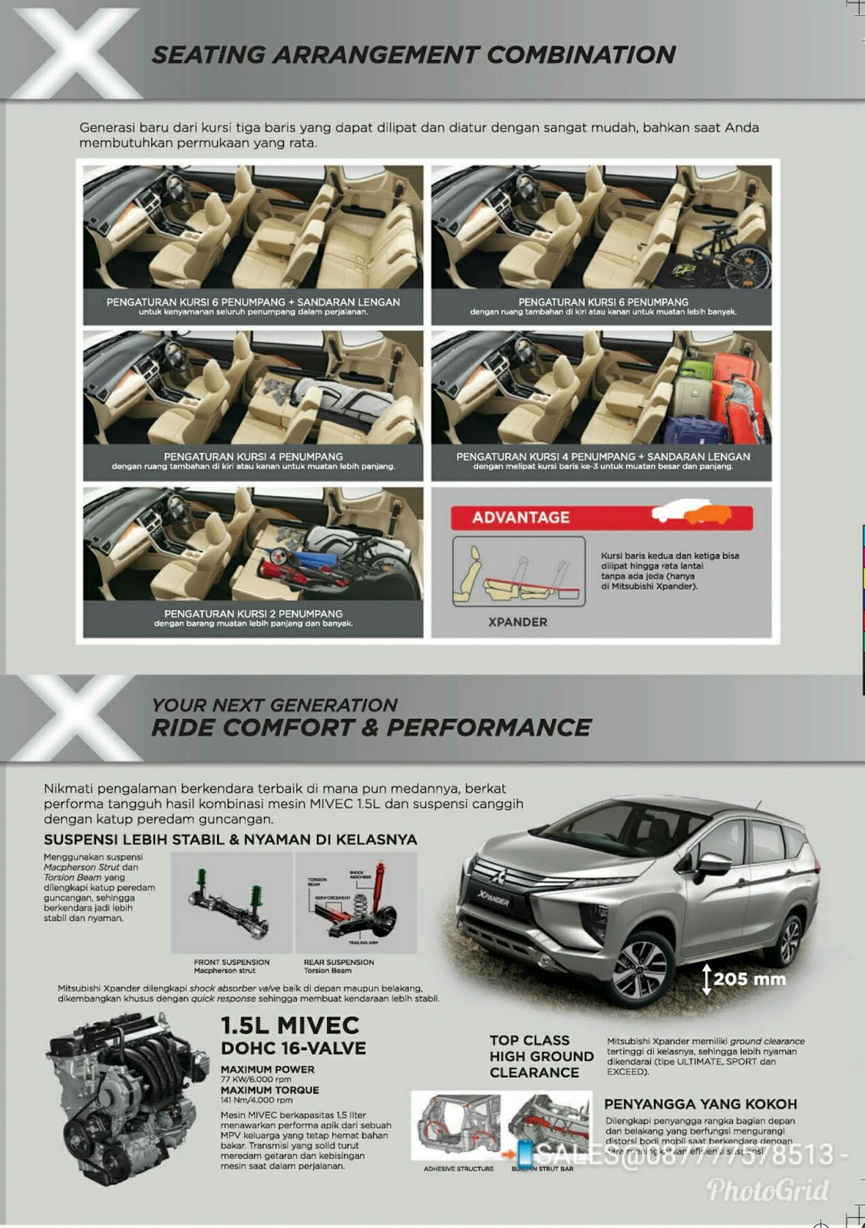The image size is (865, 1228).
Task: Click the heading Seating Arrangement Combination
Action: [413, 55]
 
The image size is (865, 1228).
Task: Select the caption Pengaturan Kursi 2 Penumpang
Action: [253, 614]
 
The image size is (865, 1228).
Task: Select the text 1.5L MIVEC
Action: [290, 1025]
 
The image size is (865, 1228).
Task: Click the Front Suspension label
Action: [232, 962]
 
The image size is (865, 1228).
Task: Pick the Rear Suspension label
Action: [338, 962]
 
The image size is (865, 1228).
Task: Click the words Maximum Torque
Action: [269, 1090]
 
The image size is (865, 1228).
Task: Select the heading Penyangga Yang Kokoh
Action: [700, 1104]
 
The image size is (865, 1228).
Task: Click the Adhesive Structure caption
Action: [458, 1169]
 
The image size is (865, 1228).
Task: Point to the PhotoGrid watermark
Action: [768, 1190]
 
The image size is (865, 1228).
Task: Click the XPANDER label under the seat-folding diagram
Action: [518, 622]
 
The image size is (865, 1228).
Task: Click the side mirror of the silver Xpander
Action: [713, 863]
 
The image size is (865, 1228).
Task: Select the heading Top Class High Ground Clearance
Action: [541, 1056]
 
